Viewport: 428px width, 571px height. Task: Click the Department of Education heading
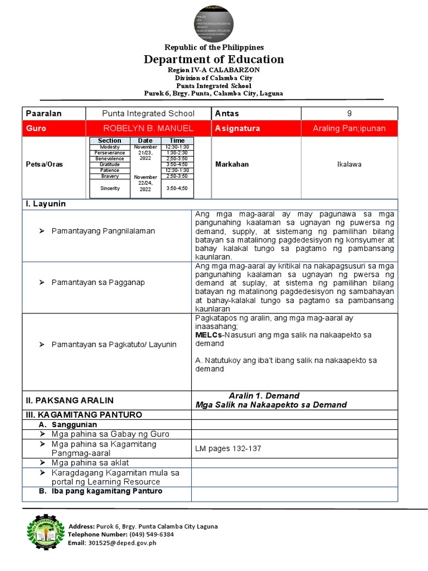[x=214, y=59]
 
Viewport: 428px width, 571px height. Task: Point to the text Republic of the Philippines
[x=214, y=47]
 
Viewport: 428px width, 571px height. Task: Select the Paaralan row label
[x=44, y=113]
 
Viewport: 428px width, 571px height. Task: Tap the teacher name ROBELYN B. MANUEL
[x=148, y=128]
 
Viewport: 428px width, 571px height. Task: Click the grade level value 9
[x=349, y=113]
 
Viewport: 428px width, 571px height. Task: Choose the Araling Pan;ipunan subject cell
[x=349, y=128]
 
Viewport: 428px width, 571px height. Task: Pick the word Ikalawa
[x=349, y=165]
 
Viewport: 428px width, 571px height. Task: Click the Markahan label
[x=232, y=165]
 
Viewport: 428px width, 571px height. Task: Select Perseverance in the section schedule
[x=110, y=152]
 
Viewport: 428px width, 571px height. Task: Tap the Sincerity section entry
[x=110, y=188]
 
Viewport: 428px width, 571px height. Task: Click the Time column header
[x=177, y=141]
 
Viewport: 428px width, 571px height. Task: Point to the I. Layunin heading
[x=46, y=204]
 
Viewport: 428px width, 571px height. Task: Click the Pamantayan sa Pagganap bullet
[x=98, y=282]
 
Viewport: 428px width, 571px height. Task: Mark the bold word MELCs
[x=208, y=335]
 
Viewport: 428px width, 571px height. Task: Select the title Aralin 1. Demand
[x=264, y=395]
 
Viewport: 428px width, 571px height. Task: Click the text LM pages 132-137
[x=228, y=448]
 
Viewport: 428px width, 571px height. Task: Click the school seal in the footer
[x=44, y=534]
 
